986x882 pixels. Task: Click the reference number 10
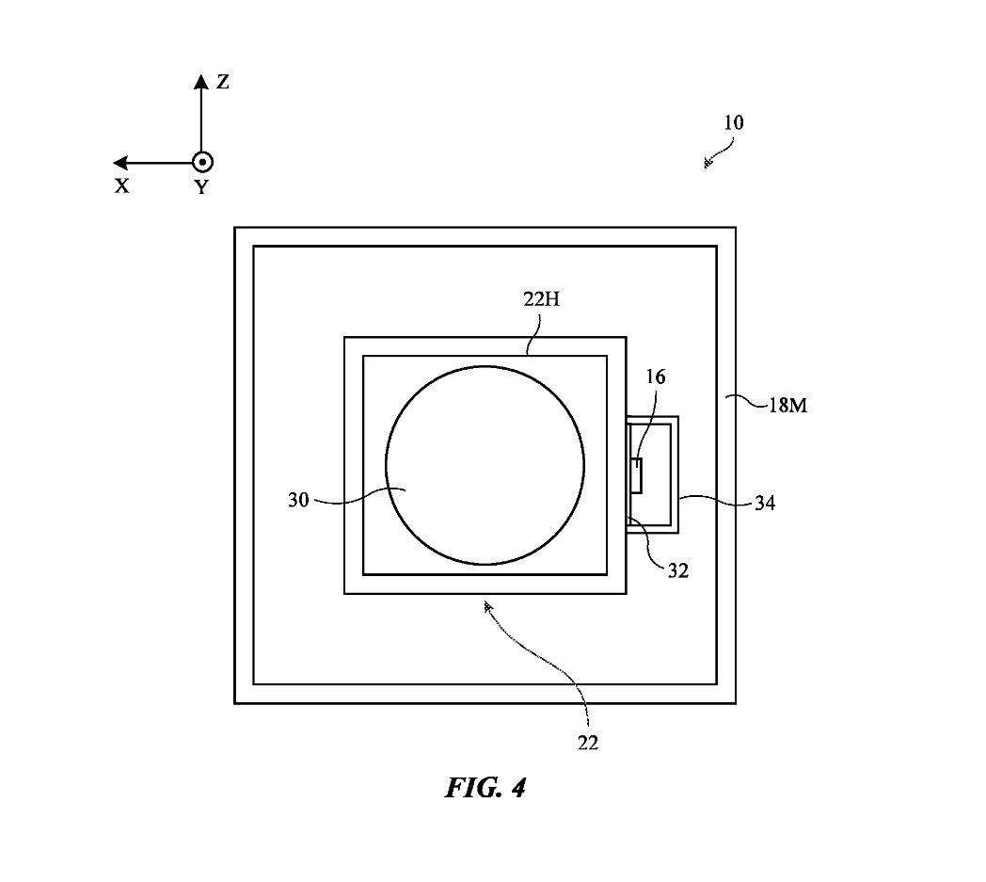pos(733,122)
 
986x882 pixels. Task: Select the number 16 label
pos(655,377)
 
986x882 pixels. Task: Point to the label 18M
pos(788,407)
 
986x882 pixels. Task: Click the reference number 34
pos(764,504)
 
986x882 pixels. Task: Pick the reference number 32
pos(678,569)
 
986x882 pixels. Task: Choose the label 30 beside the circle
pos(298,501)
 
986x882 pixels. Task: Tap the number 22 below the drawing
pos(588,743)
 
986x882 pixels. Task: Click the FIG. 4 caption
pos(485,788)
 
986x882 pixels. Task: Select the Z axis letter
pos(223,82)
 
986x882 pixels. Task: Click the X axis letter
pos(122,186)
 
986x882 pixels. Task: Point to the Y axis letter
pos(201,186)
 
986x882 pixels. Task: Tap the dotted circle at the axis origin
pos(201,162)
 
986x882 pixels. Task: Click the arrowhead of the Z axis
pos(200,81)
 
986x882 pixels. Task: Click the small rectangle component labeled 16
pos(637,474)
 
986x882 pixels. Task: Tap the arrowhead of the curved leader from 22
pos(487,608)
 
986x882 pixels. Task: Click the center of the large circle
pos(485,465)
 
